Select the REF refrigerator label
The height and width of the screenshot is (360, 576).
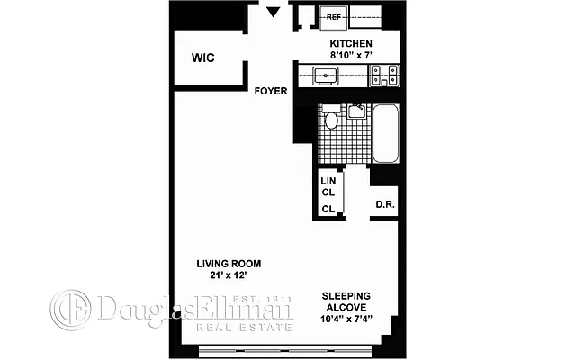click(334, 16)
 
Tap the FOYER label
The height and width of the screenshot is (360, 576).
click(271, 91)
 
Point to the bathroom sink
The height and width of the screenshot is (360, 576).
click(356, 111)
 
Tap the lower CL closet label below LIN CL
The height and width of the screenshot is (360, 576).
click(328, 209)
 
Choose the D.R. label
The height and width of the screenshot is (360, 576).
click(385, 205)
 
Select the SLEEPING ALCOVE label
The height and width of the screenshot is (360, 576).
click(347, 301)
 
